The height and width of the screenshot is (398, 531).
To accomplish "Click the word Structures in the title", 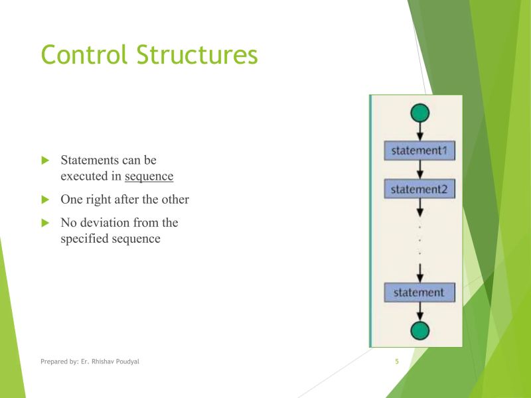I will (196, 54).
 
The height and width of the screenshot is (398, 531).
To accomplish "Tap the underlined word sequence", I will (149, 176).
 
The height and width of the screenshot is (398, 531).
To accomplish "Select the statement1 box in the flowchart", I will (419, 151).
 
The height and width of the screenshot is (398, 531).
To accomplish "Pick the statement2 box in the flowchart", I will (419, 190).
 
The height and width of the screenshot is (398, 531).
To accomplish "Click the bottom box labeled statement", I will (419, 292).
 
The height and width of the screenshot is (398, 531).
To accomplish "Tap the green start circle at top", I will (419, 113).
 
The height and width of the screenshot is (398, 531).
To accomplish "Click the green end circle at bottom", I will (419, 330).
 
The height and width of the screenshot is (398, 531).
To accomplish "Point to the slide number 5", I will (397, 362).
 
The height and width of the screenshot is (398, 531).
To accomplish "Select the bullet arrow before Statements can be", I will (46, 161).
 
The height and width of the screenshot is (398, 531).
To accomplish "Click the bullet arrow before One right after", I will (46, 199).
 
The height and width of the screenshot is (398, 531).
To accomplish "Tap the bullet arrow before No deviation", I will (46, 223).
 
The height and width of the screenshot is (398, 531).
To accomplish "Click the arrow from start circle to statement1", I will (419, 131).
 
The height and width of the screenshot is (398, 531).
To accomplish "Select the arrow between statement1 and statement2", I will (419, 170).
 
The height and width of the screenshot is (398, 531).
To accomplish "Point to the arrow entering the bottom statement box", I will (419, 273).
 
